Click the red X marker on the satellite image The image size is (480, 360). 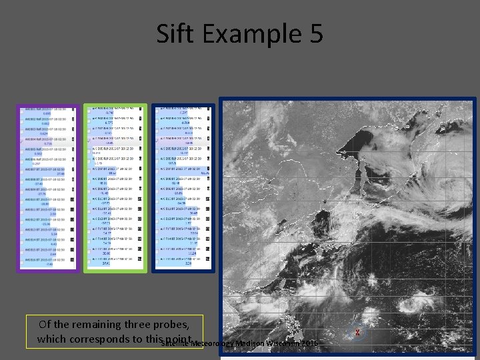(358, 332)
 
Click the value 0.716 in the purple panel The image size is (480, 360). (47, 144)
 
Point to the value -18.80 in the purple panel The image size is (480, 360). (45, 203)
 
